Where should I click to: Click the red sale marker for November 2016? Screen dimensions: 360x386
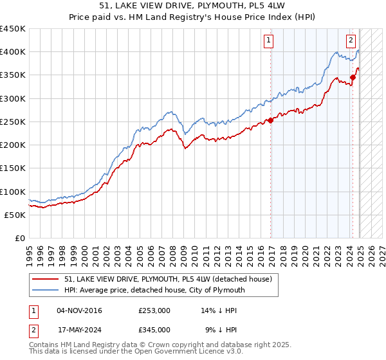[271, 120]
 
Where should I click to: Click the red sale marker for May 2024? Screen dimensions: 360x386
[353, 77]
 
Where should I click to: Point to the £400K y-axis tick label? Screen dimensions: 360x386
[12, 52]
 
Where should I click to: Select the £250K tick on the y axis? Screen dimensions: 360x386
[12, 122]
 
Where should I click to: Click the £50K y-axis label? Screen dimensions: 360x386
[15, 215]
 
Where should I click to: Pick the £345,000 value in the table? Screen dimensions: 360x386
[154, 329]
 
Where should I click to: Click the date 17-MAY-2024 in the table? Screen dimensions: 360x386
[79, 329]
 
